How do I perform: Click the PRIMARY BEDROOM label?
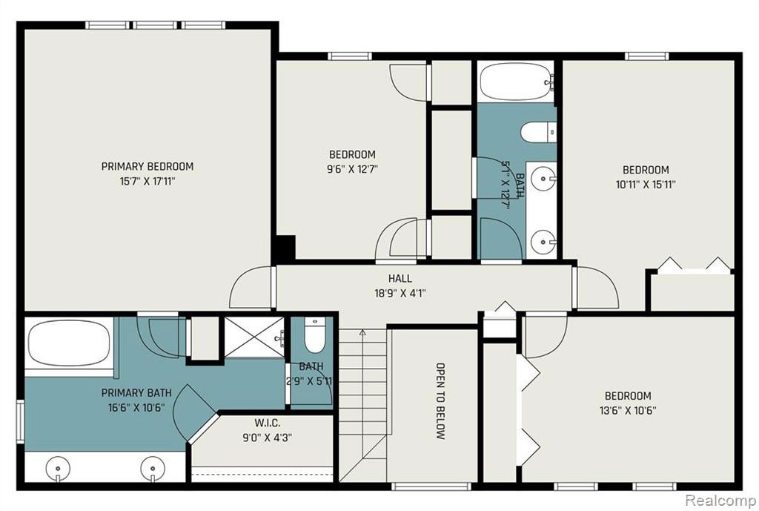[148, 167]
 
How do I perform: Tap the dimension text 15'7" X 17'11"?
[148, 182]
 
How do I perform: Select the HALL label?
[400, 279]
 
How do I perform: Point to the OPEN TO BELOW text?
[440, 401]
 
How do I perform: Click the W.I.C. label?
[267, 423]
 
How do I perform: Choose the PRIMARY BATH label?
[136, 393]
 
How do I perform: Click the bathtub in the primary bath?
[68, 343]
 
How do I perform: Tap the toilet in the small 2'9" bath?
[314, 336]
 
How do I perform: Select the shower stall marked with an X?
[253, 337]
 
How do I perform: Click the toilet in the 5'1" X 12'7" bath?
[538, 132]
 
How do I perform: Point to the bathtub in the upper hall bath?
[516, 82]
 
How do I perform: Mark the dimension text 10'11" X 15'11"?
[646, 185]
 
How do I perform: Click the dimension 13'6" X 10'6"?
[628, 411]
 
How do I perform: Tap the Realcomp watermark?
[721, 499]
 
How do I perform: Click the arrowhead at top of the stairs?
[362, 332]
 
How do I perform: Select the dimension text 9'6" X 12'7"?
[352, 170]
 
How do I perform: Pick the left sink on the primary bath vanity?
[58, 469]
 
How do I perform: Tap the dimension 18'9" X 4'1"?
[400, 294]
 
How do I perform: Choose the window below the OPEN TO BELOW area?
[431, 486]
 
